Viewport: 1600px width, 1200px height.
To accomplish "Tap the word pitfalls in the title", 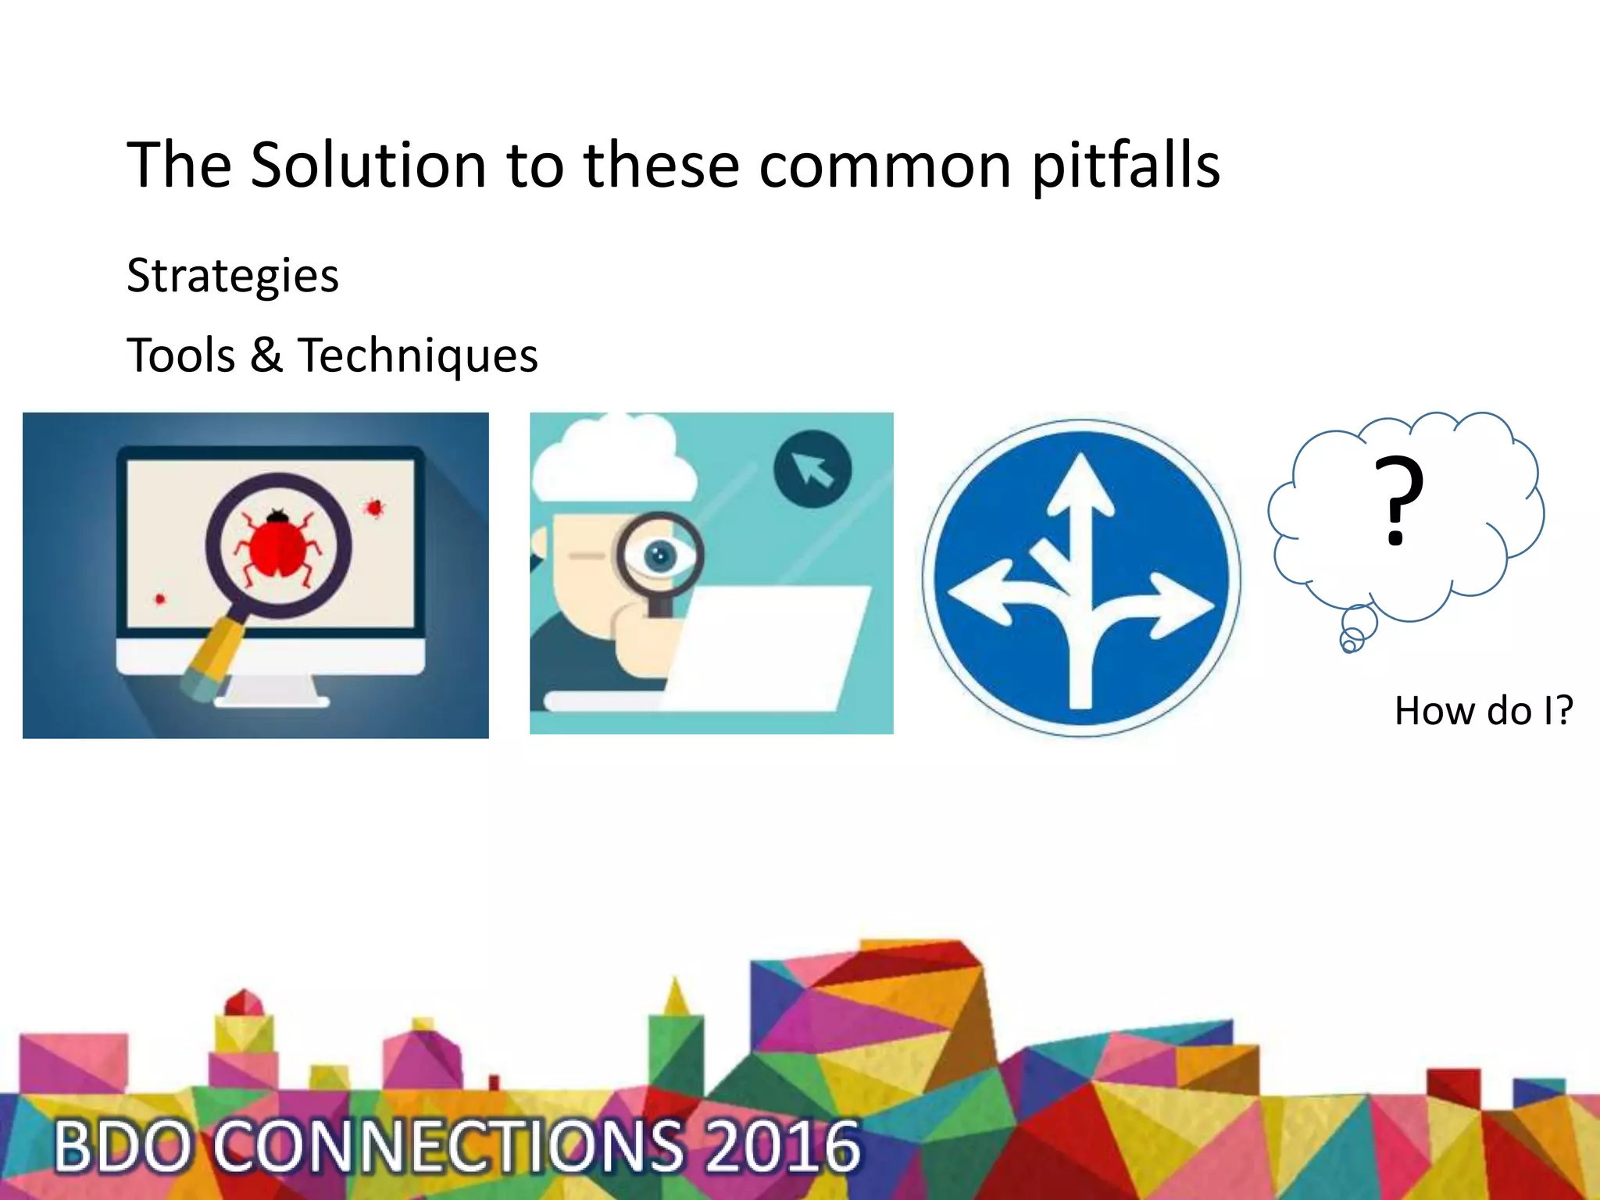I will [x=1126, y=166].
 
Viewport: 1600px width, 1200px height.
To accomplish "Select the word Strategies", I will [x=233, y=276].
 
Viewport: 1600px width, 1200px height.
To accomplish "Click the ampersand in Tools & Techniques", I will [x=266, y=355].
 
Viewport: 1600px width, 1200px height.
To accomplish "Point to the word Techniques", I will [x=418, y=356].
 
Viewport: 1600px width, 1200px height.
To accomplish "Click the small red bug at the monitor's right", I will [x=375, y=509].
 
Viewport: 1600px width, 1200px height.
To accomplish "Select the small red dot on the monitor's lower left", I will [x=160, y=599].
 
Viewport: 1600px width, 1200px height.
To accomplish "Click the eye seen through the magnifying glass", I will [x=660, y=555].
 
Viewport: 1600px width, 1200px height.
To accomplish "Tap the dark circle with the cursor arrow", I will [x=812, y=469].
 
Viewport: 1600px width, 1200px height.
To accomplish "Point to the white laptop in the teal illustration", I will [x=770, y=648].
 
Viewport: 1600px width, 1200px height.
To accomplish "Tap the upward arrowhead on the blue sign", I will [x=1080, y=488].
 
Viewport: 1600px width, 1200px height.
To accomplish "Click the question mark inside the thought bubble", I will [x=1399, y=501].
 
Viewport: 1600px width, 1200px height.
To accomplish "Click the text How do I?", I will [x=1483, y=711].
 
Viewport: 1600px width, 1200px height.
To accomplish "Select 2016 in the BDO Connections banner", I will [x=782, y=1146].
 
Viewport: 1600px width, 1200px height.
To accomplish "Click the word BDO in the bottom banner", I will [x=123, y=1146].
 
